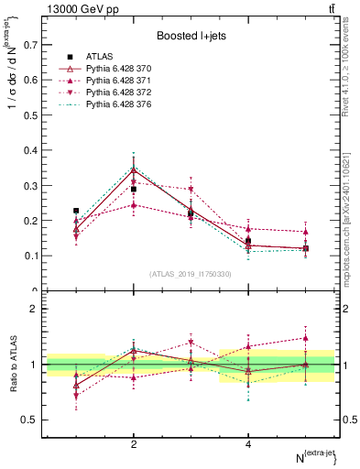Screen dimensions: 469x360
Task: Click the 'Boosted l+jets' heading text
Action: tap(191, 36)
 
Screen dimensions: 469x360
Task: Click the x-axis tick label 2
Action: tap(134, 444)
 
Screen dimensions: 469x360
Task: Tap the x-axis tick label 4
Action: tap(248, 444)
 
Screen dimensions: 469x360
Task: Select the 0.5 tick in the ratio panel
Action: tap(32, 420)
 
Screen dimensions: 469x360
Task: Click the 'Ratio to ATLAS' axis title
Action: tap(14, 364)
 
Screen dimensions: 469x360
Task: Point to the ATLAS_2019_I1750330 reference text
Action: tap(191, 274)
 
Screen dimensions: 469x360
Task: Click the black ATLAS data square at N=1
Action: tap(76, 211)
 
